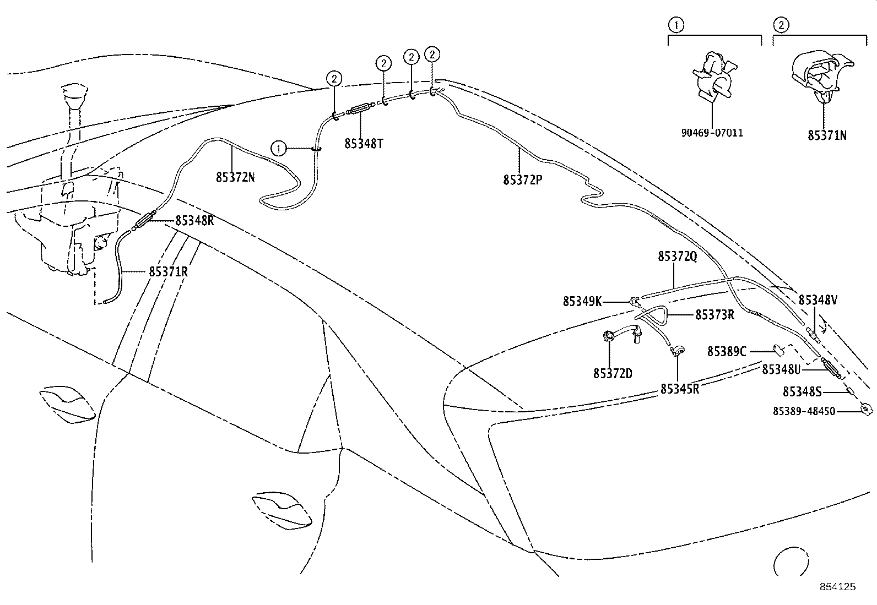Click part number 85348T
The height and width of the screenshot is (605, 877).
click(x=364, y=144)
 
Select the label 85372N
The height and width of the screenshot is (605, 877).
click(x=235, y=177)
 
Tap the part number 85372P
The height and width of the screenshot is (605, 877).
click(x=522, y=179)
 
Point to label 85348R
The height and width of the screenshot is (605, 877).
click(x=194, y=221)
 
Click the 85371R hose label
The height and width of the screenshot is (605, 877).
click(x=168, y=272)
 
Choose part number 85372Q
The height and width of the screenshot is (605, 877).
click(x=677, y=257)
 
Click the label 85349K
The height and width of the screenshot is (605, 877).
click(x=582, y=302)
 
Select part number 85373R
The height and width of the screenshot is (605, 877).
click(x=714, y=315)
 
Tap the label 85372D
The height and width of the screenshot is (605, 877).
click(x=613, y=374)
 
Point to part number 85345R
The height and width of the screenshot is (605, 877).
click(x=680, y=389)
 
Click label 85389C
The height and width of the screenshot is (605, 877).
click(x=727, y=351)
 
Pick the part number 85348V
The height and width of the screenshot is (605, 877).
click(x=818, y=300)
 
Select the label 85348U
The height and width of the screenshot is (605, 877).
click(x=781, y=369)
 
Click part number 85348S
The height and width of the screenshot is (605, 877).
click(x=802, y=391)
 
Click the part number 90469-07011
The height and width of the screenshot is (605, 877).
click(x=711, y=133)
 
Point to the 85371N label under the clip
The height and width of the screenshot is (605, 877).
click(x=827, y=135)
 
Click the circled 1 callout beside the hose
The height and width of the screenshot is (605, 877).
click(x=279, y=148)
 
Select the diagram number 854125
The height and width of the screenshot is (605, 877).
click(x=838, y=587)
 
